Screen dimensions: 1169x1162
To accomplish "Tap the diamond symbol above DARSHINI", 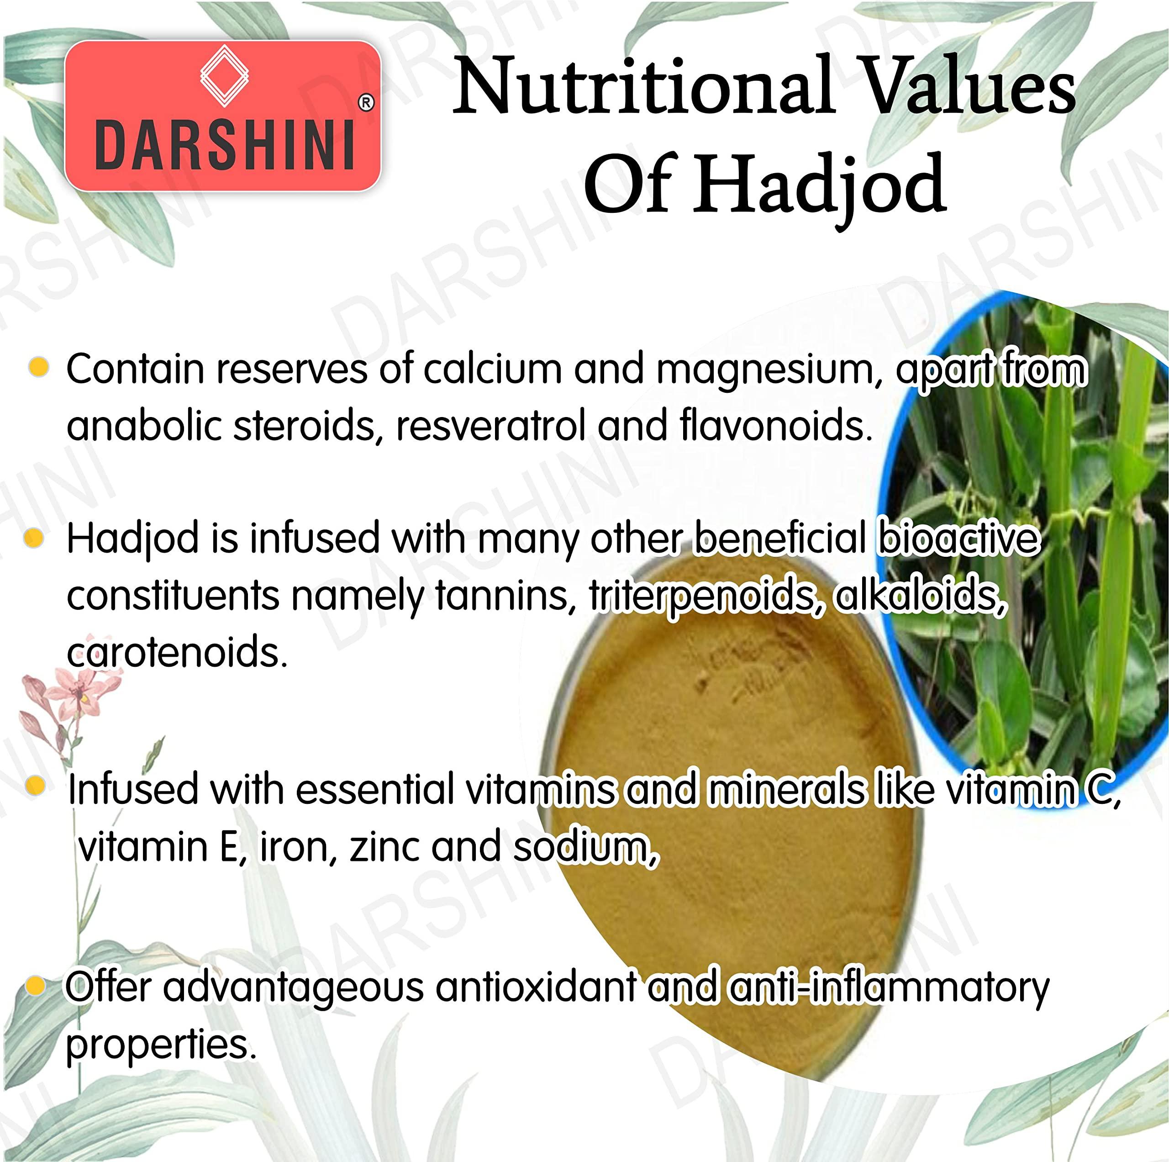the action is [x=225, y=76].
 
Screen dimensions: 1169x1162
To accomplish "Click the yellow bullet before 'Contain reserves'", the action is [x=39, y=367].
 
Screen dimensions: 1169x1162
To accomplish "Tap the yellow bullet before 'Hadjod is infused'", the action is [x=35, y=538].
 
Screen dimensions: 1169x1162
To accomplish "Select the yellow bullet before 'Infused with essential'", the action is [x=37, y=786].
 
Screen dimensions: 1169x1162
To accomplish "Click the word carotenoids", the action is [x=177, y=652].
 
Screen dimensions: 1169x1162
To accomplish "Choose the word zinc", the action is [x=384, y=847].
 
